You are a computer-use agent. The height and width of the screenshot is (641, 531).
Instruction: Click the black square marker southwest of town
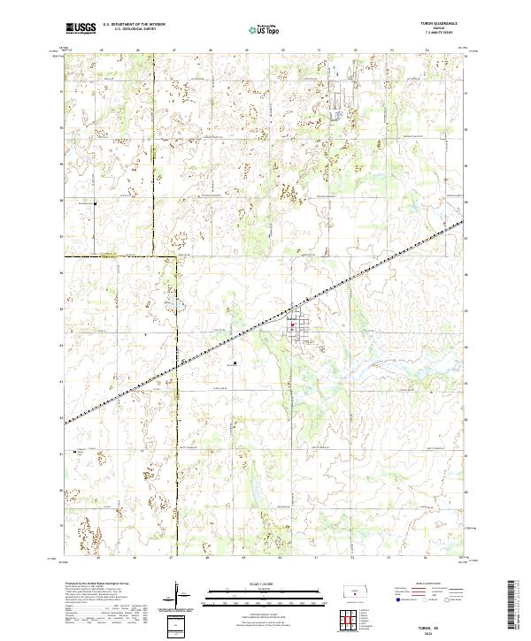coord(235,362)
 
